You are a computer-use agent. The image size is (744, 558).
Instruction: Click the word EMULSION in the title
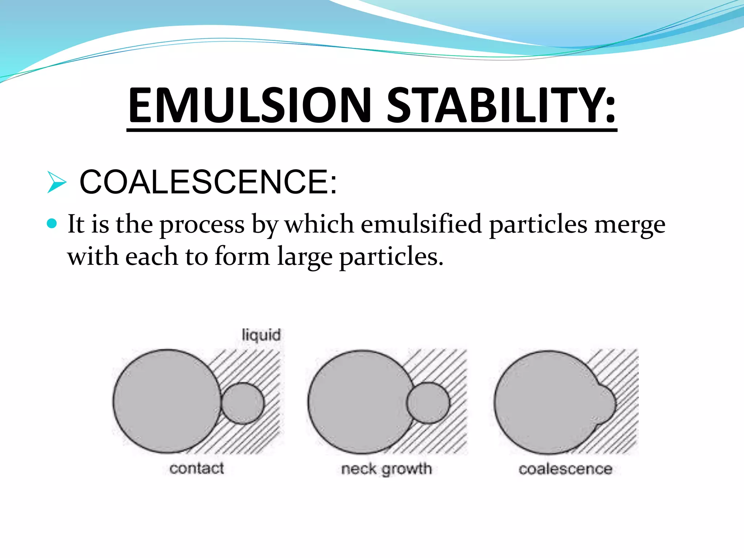tap(250, 105)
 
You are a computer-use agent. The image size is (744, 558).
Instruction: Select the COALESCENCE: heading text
tap(208, 182)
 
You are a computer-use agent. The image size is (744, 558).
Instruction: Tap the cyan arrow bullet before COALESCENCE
tap(57, 182)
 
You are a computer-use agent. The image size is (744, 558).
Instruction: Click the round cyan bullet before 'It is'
tap(52, 223)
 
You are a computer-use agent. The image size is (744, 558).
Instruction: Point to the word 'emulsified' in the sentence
tap(421, 224)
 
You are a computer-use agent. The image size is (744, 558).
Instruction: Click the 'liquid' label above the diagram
tap(261, 335)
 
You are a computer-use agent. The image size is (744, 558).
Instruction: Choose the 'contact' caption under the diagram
tap(197, 468)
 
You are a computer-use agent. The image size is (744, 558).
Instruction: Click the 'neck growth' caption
tap(387, 469)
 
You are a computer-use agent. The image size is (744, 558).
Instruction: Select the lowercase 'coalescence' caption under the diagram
tap(565, 469)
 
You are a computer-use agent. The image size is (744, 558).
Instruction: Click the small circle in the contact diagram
tap(243, 403)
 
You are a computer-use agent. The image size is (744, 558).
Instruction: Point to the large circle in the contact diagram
tap(167, 401)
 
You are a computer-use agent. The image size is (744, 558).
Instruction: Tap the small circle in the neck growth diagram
tap(429, 403)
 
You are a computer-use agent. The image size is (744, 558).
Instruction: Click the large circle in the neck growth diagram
tap(362, 402)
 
